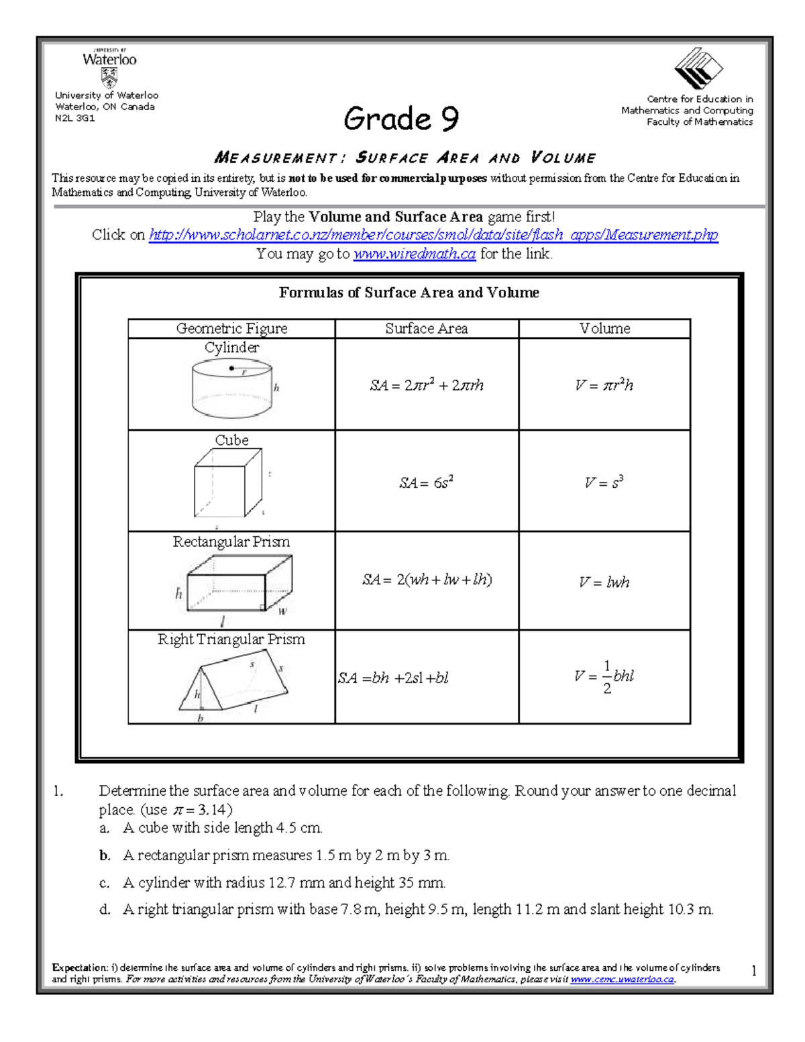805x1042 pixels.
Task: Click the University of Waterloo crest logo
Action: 109,81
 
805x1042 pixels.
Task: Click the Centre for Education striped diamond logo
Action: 698,68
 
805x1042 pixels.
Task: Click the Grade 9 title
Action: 401,119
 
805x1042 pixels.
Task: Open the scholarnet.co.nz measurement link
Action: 433,235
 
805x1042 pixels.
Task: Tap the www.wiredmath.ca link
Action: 414,254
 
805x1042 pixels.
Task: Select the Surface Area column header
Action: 426,328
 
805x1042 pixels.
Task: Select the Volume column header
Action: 604,328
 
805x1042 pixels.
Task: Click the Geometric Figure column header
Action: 231,328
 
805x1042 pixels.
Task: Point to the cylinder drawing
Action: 232,389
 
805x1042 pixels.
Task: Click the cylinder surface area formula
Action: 426,385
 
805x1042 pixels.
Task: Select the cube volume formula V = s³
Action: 604,482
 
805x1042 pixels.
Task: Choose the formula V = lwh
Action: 604,582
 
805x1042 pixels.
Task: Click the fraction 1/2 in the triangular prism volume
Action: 606,677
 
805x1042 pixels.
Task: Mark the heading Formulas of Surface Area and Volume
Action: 409,293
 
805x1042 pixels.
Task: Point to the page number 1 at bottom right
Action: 754,971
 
